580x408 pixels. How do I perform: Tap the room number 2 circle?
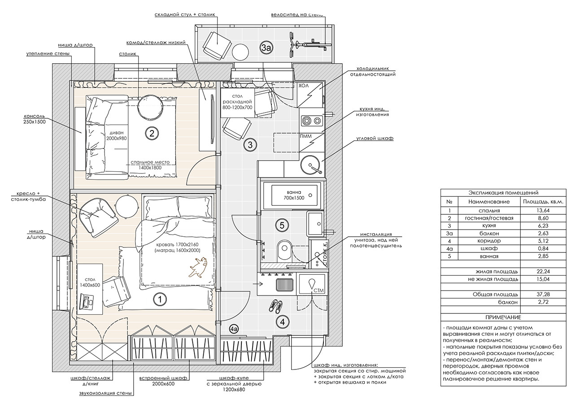[152, 133]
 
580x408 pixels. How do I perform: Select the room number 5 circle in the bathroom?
[282, 226]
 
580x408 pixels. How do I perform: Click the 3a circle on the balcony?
[266, 47]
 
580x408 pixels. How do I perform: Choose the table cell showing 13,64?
[543, 210]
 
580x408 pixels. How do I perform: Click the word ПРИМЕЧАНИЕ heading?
[502, 317]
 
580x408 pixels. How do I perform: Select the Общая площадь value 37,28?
[543, 295]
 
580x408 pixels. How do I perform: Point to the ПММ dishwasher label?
[306, 136]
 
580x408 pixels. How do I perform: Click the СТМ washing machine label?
[319, 291]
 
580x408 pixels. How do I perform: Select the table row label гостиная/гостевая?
[489, 218]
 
